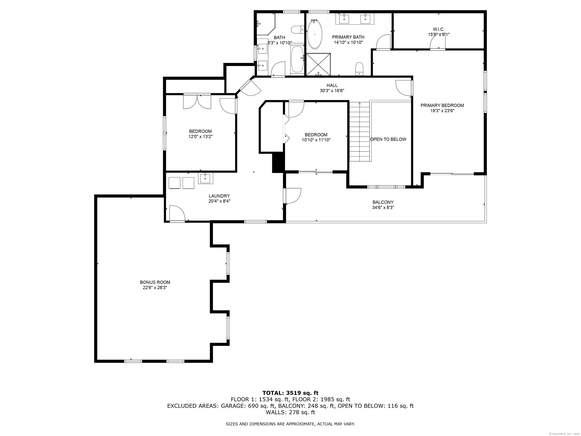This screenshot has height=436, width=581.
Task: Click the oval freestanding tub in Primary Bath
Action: pos(314,34)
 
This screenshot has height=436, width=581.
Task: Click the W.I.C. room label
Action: pos(438,30)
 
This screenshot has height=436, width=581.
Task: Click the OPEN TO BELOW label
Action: pos(388,139)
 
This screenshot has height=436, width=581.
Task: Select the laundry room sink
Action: pos(205,178)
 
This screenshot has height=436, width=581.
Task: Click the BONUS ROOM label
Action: pos(155,282)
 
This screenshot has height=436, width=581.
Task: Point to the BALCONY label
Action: pos(383,202)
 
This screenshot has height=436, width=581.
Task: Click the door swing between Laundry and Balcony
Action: pos(293,196)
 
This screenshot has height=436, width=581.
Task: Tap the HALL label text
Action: pos(332,85)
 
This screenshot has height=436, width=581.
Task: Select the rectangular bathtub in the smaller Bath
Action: pos(297,60)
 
